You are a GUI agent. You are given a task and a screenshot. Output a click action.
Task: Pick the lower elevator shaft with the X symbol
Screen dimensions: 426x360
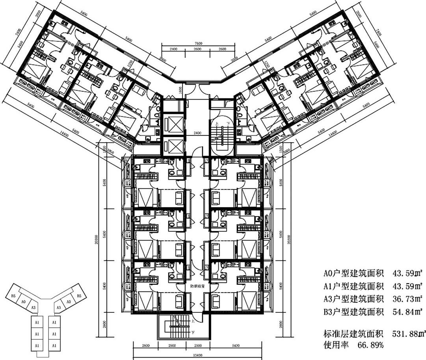(x=173, y=146)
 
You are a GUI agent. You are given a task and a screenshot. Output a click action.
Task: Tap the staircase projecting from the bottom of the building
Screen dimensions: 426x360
(x=174, y=327)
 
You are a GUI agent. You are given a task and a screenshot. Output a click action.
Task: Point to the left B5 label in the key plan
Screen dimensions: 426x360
(x=13, y=295)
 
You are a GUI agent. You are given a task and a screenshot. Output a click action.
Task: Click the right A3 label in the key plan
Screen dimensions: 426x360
(x=58, y=307)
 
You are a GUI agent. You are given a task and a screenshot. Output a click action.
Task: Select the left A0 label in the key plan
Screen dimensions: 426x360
(x=23, y=301)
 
